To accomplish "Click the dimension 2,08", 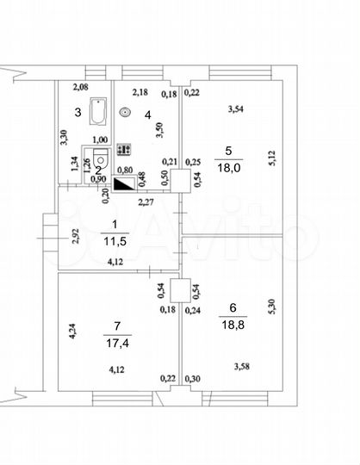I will click(80, 87).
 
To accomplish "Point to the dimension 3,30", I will click(63, 137).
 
